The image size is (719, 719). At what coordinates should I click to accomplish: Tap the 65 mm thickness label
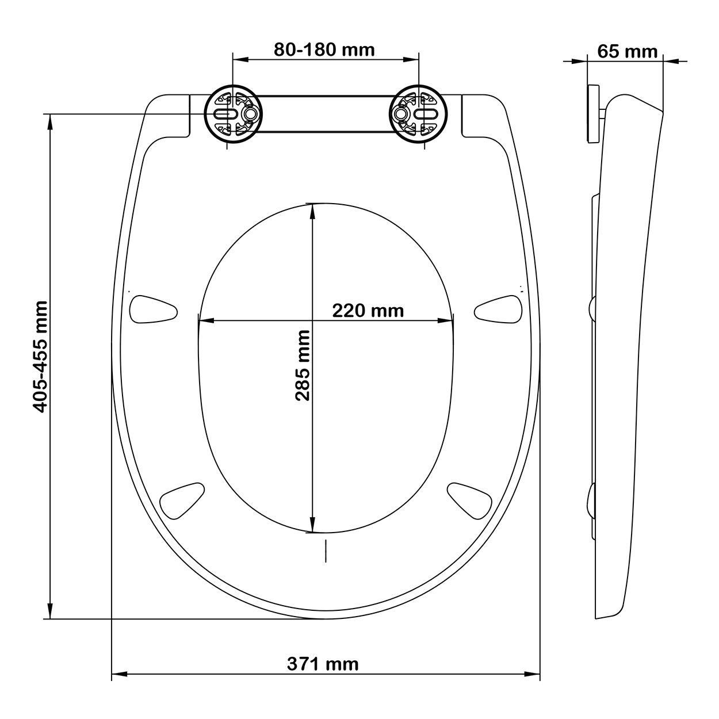[627, 51]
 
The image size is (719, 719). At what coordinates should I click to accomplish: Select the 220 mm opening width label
[368, 311]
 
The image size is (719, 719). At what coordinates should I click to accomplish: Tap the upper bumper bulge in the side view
[592, 308]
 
